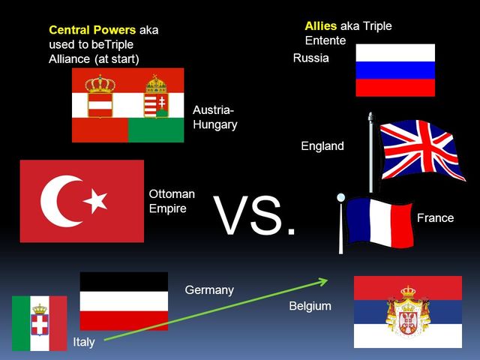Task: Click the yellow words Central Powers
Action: [92, 31]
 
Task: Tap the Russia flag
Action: [394, 70]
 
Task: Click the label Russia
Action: [310, 58]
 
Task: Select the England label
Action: [322, 146]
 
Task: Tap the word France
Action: [435, 217]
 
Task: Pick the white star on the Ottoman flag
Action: [95, 200]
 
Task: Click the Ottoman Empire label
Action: [172, 201]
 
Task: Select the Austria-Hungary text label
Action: [214, 117]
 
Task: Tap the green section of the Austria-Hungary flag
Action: [156, 130]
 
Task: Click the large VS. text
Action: [256, 217]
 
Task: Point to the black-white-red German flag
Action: [124, 301]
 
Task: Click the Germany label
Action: [209, 289]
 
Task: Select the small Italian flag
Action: [39, 322]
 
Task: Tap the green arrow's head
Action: [323, 281]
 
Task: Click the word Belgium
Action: [310, 306]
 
